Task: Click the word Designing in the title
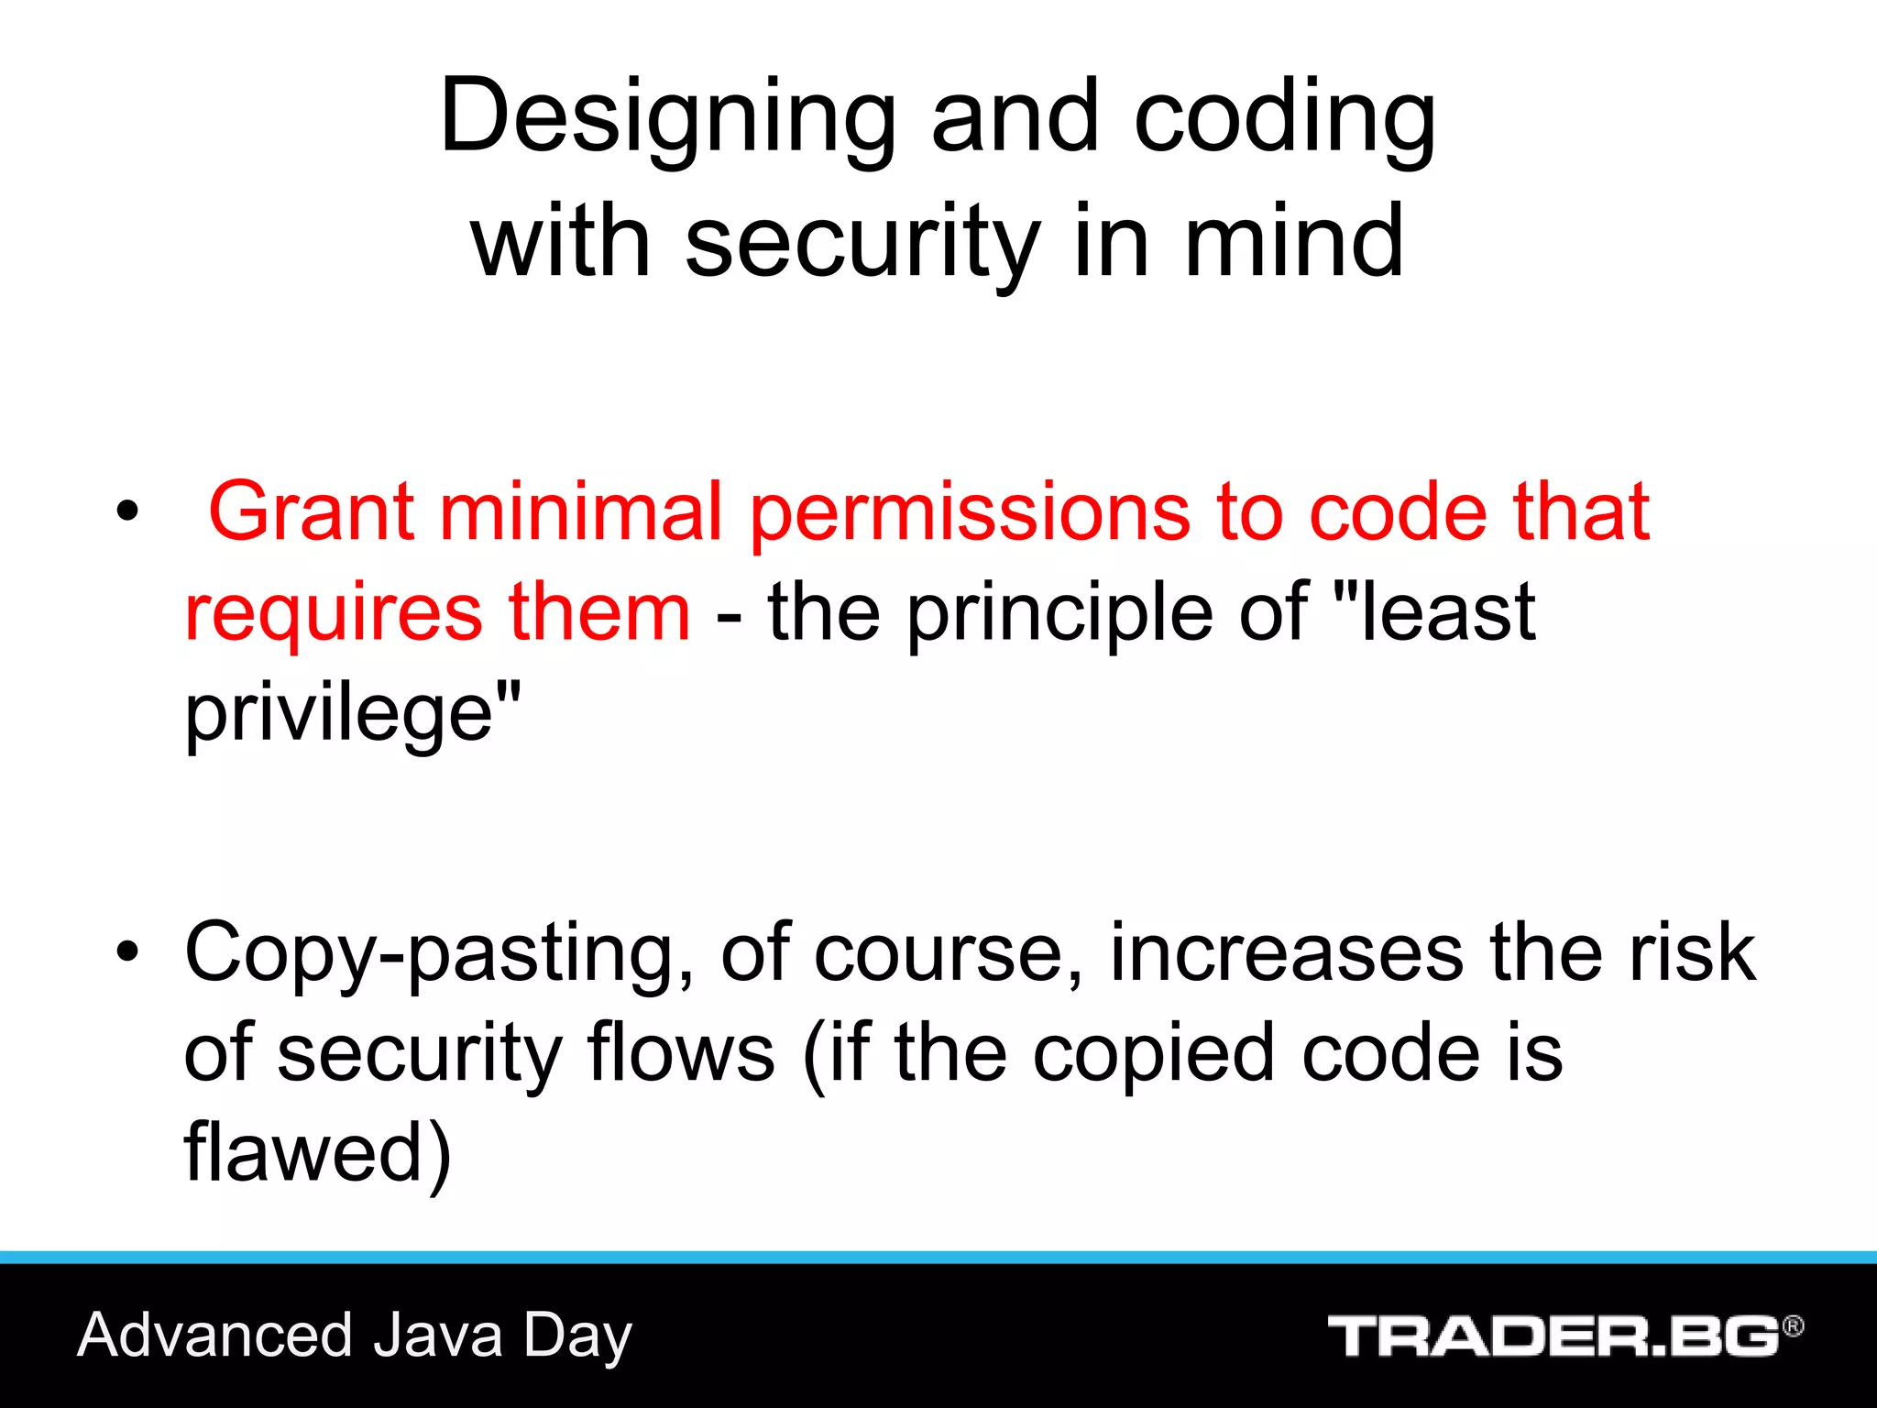pyautogui.click(x=667, y=119)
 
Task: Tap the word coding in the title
pyautogui.click(x=1284, y=119)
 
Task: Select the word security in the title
pyautogui.click(x=862, y=243)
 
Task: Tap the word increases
pyautogui.click(x=1287, y=953)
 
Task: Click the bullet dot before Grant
pyautogui.click(x=127, y=511)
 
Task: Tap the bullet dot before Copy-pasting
pyautogui.click(x=127, y=951)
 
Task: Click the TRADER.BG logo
pyautogui.click(x=1554, y=1336)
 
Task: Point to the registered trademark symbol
pyautogui.click(x=1793, y=1325)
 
